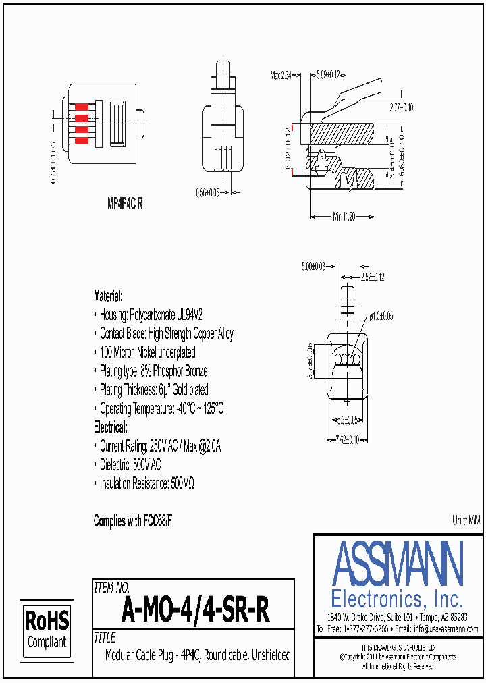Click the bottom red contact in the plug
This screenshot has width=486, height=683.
tap(83, 140)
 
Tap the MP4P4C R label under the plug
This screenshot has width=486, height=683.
tap(125, 204)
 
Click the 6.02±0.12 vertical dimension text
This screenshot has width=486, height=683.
tap(288, 148)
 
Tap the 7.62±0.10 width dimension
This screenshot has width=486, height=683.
tap(347, 439)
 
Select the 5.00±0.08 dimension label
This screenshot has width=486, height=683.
tap(314, 267)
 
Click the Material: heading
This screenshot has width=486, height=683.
tap(108, 296)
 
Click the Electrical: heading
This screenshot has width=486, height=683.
tap(110, 427)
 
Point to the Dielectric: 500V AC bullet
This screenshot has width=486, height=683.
tap(130, 465)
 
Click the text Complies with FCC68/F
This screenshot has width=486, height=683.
tap(137, 521)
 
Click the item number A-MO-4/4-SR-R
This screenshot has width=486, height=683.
tap(195, 611)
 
